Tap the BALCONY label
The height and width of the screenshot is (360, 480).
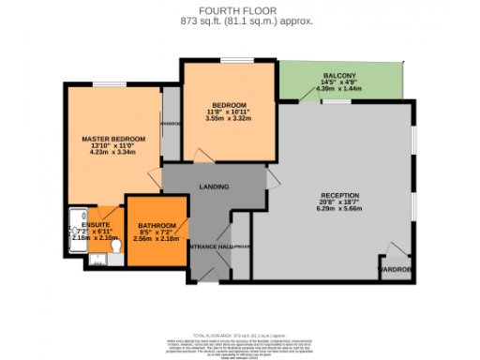pos(338,75)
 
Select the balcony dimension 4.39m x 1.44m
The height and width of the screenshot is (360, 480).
pos(338,88)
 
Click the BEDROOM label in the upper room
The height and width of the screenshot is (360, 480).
pos(229,104)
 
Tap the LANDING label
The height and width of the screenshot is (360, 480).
pos(215,187)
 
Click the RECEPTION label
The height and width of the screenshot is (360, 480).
pos(338,195)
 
